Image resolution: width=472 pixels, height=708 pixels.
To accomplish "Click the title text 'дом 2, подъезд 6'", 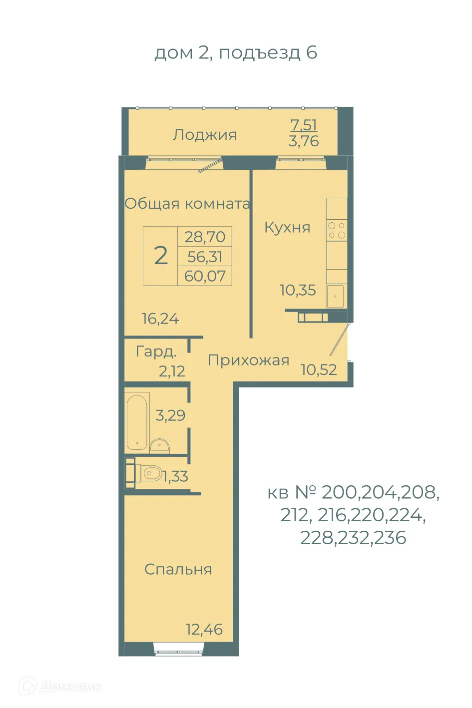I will (x=236, y=52).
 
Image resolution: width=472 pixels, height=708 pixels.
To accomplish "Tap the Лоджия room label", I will (x=205, y=135).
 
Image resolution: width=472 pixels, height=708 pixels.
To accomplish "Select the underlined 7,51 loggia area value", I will (x=304, y=125).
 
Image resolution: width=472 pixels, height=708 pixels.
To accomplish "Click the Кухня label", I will (x=287, y=228).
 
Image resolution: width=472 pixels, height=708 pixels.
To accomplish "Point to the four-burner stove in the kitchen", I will (x=337, y=230).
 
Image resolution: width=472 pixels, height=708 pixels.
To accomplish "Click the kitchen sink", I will (x=335, y=296).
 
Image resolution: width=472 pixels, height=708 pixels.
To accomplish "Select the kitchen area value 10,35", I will (x=298, y=290).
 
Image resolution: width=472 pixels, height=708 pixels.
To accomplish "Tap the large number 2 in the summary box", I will (x=161, y=256).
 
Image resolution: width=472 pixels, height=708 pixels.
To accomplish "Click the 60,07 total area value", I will (x=205, y=276).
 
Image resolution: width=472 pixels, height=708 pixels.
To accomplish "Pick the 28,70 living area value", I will (x=205, y=237).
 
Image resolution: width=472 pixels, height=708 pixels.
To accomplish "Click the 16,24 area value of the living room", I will (x=160, y=319).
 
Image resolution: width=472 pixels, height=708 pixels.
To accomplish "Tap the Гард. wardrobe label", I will (x=156, y=352).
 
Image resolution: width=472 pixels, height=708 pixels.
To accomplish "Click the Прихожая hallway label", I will (x=248, y=360).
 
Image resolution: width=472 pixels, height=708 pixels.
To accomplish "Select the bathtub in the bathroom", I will (x=137, y=422).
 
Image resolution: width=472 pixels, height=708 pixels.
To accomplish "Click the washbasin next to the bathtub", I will (x=159, y=445).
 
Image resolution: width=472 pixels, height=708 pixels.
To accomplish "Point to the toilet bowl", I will (x=151, y=472).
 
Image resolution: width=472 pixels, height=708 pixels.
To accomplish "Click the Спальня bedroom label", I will (x=178, y=569).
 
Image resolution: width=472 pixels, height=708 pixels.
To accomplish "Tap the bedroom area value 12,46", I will (x=204, y=630).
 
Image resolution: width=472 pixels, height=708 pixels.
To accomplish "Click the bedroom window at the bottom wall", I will (x=179, y=651).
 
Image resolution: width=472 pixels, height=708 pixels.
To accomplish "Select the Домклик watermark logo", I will (x=60, y=687).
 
